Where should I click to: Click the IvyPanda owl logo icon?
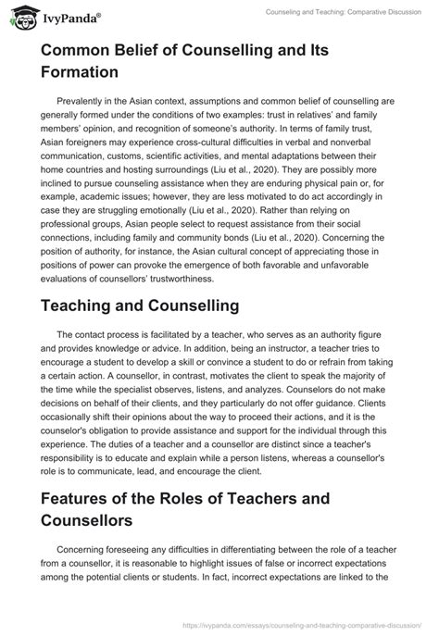20,16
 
